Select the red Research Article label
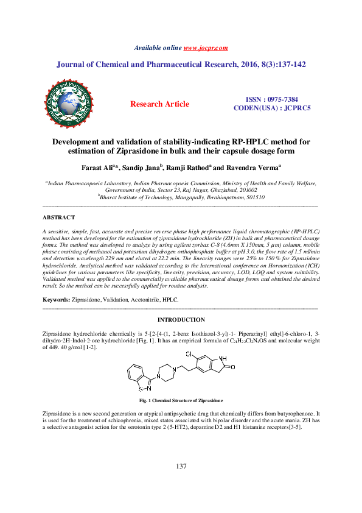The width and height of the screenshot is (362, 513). pyautogui.click(x=160, y=104)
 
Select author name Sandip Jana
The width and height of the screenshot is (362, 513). pyautogui.click(x=141, y=166)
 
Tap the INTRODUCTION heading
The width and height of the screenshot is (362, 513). pyautogui.click(x=181, y=320)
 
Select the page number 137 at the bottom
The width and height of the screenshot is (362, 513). pyautogui.click(x=181, y=466)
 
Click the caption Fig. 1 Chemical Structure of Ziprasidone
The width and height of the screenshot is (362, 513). pyautogui.click(x=181, y=400)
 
